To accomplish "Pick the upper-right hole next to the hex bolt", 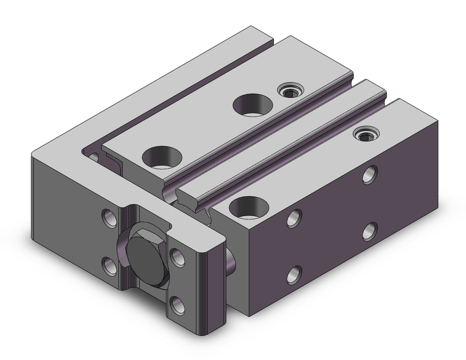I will tap(178, 255).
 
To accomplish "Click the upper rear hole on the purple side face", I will tap(370, 174).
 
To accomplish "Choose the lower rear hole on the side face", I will tap(370, 230).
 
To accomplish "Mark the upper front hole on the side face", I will tap(294, 218).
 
